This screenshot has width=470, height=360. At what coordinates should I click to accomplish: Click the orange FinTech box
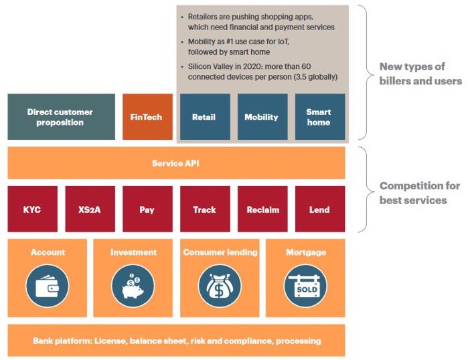point(147,116)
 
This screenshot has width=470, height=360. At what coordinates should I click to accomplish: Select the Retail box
point(204,116)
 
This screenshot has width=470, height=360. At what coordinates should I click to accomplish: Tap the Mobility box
point(262,116)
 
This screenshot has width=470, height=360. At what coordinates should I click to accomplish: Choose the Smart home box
point(319,116)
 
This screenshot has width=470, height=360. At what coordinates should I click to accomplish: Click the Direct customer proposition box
point(60,116)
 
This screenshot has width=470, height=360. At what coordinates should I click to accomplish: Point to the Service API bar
point(175,163)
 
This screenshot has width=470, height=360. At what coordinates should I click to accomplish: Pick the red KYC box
point(31,209)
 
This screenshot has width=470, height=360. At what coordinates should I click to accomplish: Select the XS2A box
point(89,209)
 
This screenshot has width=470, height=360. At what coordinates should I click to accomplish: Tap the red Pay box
point(147,209)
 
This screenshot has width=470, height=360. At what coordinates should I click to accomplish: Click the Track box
point(204,209)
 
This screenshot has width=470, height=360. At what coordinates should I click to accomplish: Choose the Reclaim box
point(262,209)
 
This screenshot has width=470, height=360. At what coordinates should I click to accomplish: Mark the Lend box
point(319,209)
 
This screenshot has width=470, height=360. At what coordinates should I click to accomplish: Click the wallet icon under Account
point(47,286)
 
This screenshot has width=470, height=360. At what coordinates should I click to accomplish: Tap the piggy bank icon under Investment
point(133,286)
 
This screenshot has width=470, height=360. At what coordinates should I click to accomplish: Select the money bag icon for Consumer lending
point(219,286)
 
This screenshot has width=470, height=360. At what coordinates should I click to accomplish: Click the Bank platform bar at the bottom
point(176,341)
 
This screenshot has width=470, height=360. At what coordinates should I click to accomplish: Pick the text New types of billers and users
point(420,74)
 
